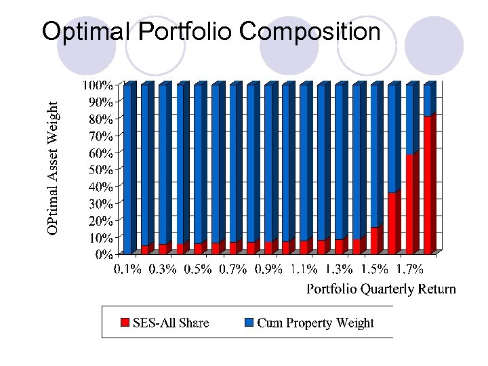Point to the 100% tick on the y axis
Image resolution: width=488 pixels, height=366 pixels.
(x=98, y=85)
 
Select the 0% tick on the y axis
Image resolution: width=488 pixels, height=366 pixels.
(x=104, y=255)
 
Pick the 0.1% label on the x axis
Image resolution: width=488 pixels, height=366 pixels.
(x=127, y=270)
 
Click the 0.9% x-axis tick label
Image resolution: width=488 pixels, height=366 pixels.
(x=268, y=270)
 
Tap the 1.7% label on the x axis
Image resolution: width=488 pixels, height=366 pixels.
(x=409, y=270)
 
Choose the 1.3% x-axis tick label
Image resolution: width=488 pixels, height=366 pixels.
(x=339, y=270)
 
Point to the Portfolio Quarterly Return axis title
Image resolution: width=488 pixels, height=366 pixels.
(x=381, y=289)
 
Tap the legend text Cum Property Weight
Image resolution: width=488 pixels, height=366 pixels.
(x=315, y=323)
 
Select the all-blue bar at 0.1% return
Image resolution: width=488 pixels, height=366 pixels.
(x=127, y=169)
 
